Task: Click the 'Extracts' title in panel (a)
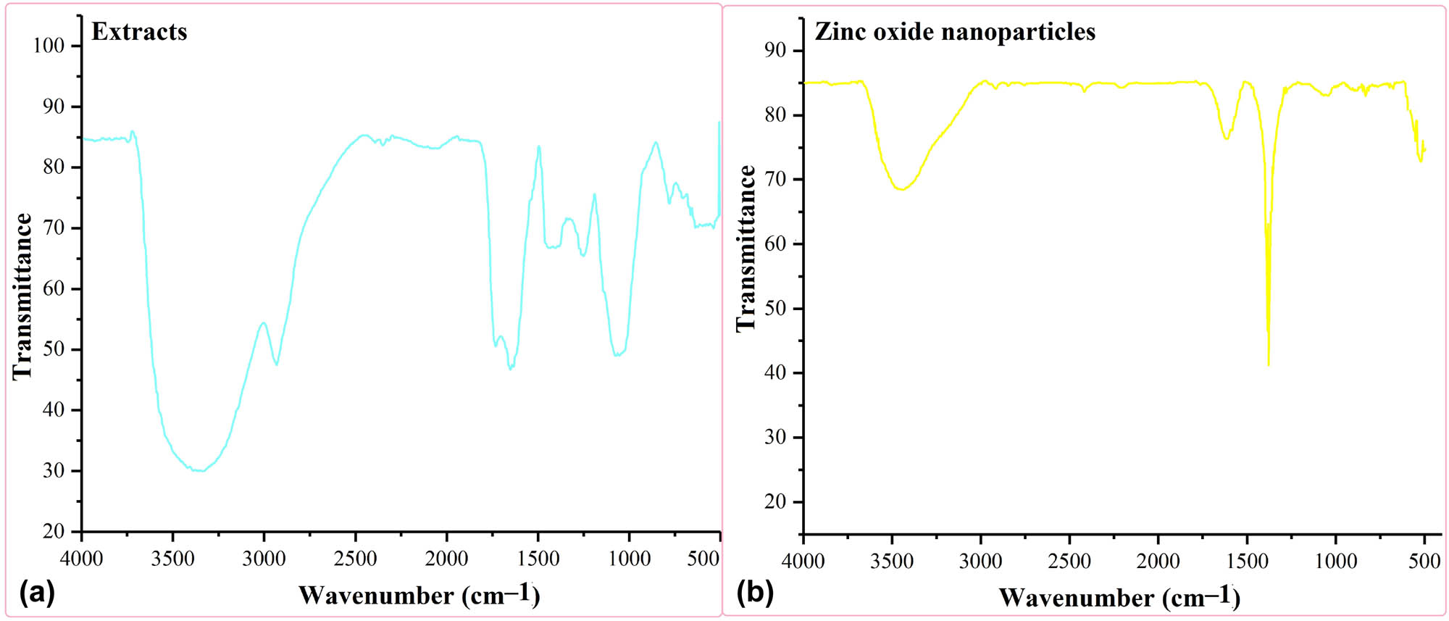click(139, 32)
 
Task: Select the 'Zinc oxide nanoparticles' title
click(955, 32)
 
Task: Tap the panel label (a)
click(37, 592)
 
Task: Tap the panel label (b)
click(755, 592)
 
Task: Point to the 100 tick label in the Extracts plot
click(49, 46)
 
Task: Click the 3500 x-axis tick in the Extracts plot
click(172, 559)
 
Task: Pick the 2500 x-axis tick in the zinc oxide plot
click(1069, 561)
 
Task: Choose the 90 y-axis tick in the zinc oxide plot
click(775, 50)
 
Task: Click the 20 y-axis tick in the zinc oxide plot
click(775, 501)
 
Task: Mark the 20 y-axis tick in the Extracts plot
click(54, 531)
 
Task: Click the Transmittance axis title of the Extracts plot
click(22, 296)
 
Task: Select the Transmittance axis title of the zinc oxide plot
click(746, 249)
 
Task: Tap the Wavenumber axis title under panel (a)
click(419, 595)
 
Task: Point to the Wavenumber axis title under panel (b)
click(1119, 597)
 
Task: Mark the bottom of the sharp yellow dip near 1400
click(1269, 364)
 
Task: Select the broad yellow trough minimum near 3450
click(901, 189)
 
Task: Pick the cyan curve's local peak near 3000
click(263, 323)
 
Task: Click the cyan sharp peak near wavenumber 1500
click(539, 146)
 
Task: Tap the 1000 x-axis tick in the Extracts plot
click(629, 559)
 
